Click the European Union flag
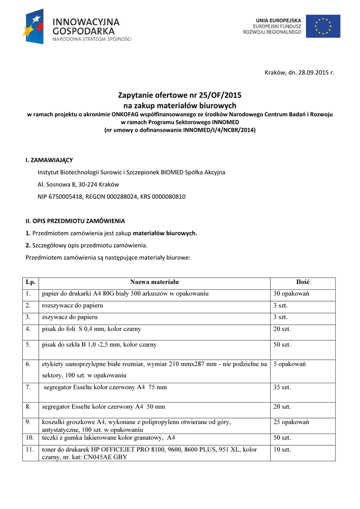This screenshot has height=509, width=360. coord(323,26)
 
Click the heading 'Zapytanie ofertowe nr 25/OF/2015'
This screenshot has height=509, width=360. coord(180,95)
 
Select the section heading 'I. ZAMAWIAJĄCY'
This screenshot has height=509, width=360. coord(49,160)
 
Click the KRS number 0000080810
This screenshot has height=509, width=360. coord(169,196)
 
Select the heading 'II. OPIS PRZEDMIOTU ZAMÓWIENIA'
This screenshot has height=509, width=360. coord(75,221)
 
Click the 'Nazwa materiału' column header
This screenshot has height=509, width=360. coord(155,282)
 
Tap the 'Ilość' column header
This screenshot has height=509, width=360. coord(303,282)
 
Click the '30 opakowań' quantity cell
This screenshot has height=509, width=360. coord(291,293)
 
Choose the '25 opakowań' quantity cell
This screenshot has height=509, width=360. coord(291,422)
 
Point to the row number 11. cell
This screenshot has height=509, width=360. coord(30,449)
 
